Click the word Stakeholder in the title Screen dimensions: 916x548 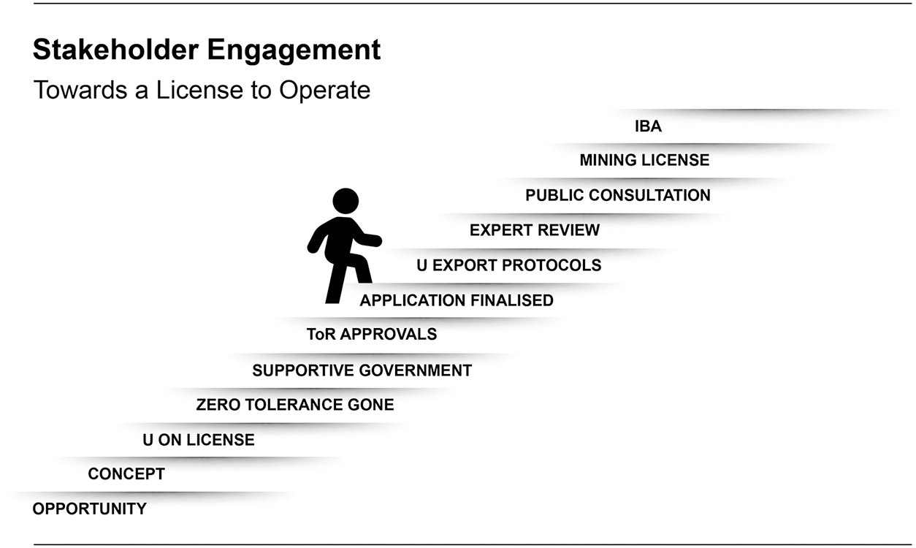115,50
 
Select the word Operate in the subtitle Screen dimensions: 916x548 324,91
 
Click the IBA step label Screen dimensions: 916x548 648,126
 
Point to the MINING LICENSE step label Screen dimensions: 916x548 644,160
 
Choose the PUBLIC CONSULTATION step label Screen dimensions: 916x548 618,195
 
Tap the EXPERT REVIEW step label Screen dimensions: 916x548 535,230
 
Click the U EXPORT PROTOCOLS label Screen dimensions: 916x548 509,265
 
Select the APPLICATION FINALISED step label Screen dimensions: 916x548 457,300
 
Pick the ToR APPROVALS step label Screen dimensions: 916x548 372,335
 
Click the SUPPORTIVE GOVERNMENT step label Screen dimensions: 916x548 362,370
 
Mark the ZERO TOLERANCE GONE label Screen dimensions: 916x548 295,405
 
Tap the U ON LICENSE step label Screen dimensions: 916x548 199,440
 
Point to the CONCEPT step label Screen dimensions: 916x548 126,474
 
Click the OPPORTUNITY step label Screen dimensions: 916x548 90,509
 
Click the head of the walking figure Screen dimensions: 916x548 346,201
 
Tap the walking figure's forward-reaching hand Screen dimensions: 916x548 376,240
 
